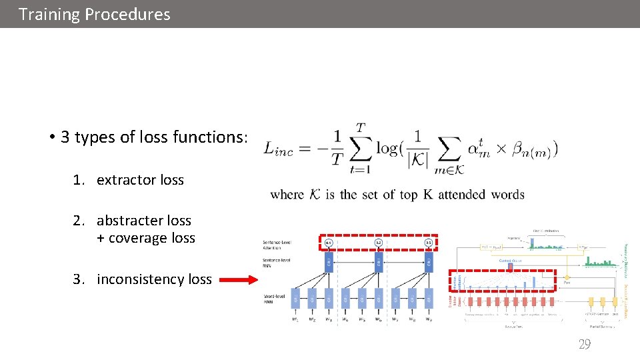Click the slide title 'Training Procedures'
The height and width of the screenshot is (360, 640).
(95, 14)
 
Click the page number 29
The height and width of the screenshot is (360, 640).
(584, 344)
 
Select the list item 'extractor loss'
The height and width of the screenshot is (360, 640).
(140, 180)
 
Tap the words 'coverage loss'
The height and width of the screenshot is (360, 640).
(146, 238)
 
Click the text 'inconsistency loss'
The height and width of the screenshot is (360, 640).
(154, 279)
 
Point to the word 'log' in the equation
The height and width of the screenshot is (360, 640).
(388, 148)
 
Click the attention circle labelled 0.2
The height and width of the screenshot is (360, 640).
(378, 241)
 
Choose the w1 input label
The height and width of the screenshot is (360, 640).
(295, 319)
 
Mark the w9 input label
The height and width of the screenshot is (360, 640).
(428, 319)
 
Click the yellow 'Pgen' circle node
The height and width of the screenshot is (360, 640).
(567, 276)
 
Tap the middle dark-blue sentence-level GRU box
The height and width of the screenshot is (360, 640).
(378, 260)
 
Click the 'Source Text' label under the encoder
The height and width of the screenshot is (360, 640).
(513, 327)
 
